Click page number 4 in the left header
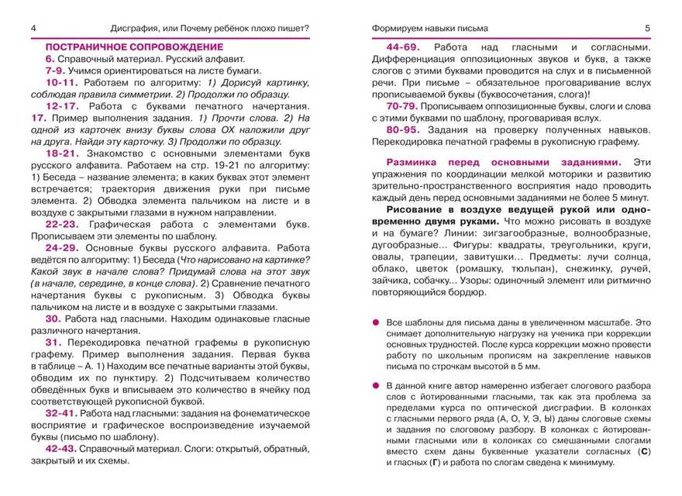(34, 29)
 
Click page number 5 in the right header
(648, 29)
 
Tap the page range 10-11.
(62, 81)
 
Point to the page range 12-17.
(62, 105)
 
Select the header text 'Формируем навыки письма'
(425, 29)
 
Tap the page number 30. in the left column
(53, 318)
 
